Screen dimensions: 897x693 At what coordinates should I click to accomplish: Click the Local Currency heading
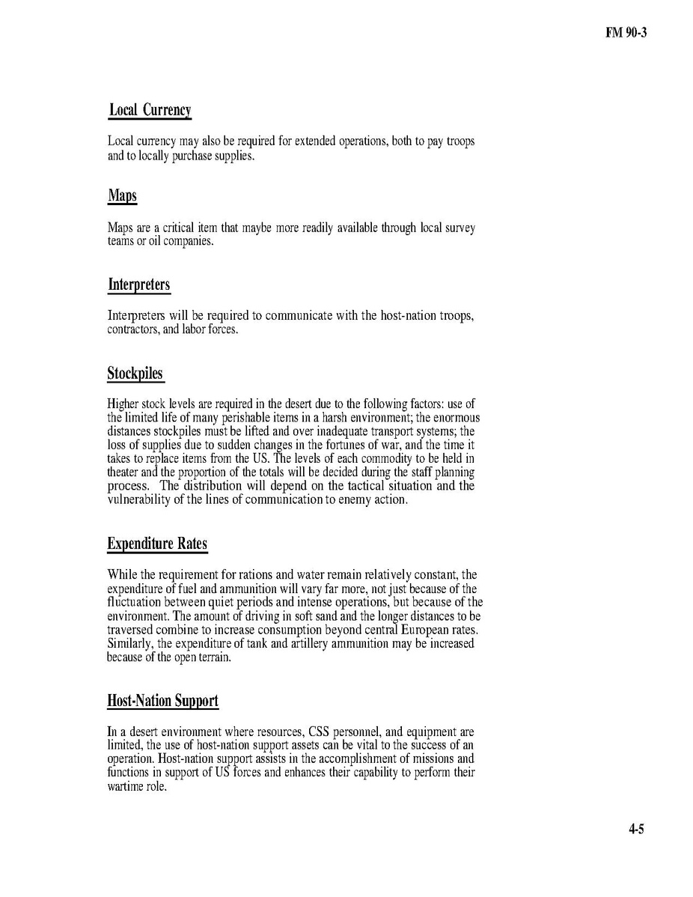pyautogui.click(x=150, y=110)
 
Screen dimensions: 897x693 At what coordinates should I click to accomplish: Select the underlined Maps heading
pyautogui.click(x=122, y=196)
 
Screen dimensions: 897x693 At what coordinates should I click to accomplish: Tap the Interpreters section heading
pyautogui.click(x=138, y=285)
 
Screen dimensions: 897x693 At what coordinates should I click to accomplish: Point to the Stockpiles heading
pyautogui.click(x=135, y=373)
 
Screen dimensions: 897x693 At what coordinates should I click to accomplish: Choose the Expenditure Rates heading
pyautogui.click(x=157, y=544)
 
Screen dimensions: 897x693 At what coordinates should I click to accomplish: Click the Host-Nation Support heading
pyautogui.click(x=163, y=701)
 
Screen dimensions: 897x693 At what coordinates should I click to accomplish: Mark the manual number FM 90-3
pyautogui.click(x=626, y=34)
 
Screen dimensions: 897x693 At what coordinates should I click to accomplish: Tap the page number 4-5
pyautogui.click(x=636, y=829)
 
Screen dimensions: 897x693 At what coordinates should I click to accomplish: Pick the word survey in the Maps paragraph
pyautogui.click(x=459, y=228)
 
